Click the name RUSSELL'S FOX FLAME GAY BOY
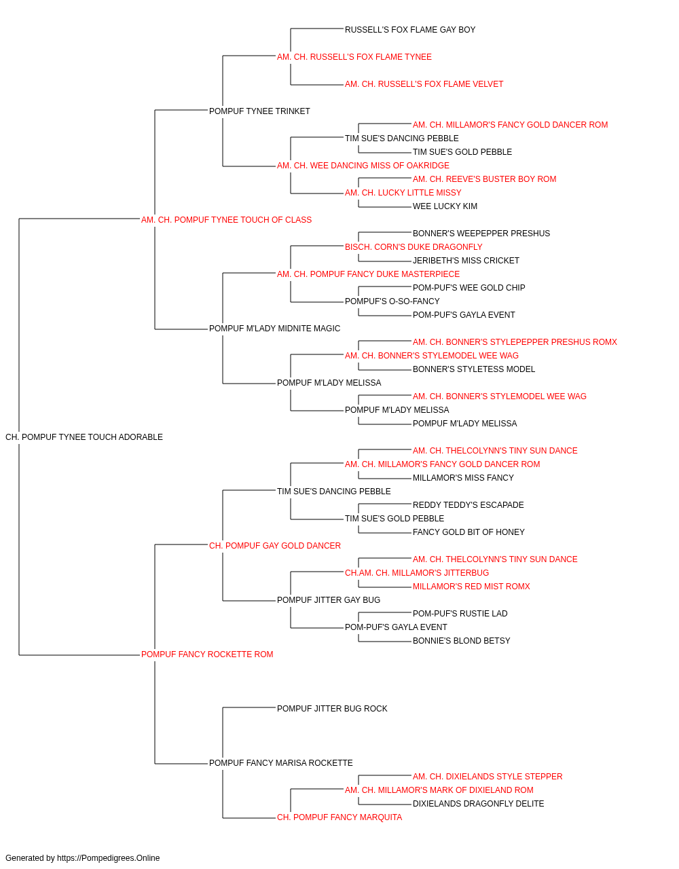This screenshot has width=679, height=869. (410, 30)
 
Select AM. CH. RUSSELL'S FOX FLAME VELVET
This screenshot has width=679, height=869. (424, 84)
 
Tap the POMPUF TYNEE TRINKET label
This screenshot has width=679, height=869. (259, 111)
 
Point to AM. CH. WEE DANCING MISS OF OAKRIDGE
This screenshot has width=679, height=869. (363, 166)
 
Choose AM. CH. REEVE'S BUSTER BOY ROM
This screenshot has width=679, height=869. (484, 179)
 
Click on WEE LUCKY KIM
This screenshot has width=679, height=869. (445, 207)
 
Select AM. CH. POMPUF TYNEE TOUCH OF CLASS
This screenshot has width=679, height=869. (226, 221)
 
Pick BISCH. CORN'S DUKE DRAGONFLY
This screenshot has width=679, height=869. (414, 248)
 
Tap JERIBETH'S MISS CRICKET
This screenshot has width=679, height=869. (466, 261)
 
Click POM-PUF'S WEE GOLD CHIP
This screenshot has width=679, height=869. (469, 289)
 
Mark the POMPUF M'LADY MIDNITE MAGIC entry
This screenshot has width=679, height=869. (275, 329)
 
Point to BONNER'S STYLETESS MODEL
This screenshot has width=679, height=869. (474, 370)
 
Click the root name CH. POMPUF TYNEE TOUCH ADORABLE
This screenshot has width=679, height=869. (84, 438)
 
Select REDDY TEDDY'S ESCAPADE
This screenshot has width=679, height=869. (469, 506)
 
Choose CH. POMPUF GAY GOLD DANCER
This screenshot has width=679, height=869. (275, 547)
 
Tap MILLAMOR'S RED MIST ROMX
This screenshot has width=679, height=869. (471, 587)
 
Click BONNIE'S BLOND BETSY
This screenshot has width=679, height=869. (462, 642)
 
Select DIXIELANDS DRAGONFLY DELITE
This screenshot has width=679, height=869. (478, 805)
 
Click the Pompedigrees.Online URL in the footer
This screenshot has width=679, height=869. (108, 859)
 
